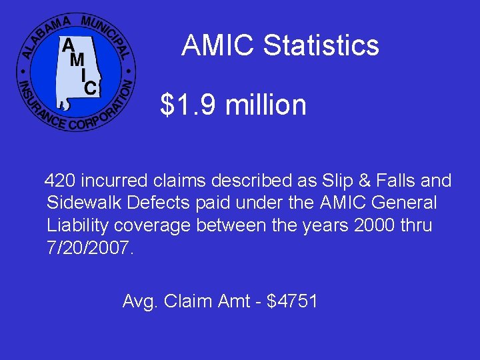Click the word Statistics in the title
click(x=321, y=46)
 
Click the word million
click(x=266, y=105)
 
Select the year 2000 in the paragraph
click(x=371, y=226)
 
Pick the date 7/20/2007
click(x=91, y=249)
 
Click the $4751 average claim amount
click(x=292, y=302)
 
